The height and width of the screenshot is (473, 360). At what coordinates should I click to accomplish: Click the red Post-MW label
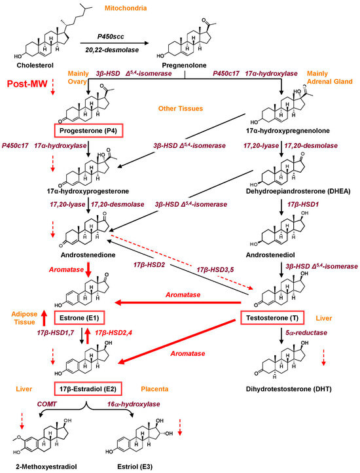tap(27, 84)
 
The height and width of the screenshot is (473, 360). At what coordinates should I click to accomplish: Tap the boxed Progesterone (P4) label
tap(88, 131)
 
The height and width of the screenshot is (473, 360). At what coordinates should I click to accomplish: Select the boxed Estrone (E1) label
tap(79, 318)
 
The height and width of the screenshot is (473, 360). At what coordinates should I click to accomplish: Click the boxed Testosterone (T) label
tap(272, 318)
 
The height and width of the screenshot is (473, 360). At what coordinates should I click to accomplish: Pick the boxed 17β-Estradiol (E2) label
tap(88, 389)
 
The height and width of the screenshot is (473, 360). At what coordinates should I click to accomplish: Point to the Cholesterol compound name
tap(35, 65)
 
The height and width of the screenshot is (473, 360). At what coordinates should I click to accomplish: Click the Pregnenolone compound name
tap(184, 65)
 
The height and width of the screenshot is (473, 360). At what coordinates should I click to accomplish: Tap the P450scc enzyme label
tap(111, 37)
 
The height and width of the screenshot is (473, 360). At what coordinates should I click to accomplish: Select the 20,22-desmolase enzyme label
tap(112, 50)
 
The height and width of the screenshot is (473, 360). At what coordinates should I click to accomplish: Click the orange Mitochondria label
tap(126, 8)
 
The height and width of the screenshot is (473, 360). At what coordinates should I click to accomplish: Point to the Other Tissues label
tap(181, 109)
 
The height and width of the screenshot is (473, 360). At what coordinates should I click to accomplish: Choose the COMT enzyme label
tap(46, 404)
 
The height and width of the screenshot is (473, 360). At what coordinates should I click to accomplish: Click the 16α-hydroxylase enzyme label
tap(134, 404)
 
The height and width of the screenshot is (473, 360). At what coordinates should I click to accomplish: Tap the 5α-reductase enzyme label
tap(306, 333)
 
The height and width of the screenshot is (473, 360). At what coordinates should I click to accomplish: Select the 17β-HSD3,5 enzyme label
tap(215, 270)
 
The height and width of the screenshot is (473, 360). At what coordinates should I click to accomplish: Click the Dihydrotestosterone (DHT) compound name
tap(289, 389)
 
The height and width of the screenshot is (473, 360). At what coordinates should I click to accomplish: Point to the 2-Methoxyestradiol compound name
tap(46, 466)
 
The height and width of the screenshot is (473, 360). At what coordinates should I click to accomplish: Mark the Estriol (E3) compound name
tap(135, 466)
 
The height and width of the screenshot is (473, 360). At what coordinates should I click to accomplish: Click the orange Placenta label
tap(154, 389)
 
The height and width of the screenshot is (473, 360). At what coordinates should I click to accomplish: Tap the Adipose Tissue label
tap(24, 318)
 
